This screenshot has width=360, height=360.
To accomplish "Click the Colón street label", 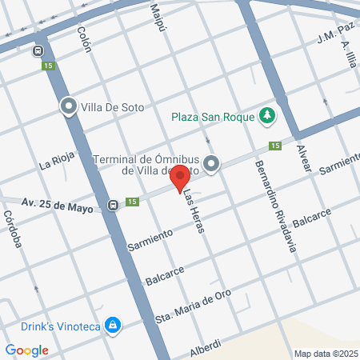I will (x=84, y=38).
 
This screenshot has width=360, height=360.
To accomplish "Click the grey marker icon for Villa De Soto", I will (x=69, y=106).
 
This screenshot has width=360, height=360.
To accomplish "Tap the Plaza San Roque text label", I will (x=212, y=117).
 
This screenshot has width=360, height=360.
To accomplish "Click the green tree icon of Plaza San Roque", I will (x=267, y=117).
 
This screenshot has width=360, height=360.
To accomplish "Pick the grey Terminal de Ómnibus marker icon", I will (x=211, y=164).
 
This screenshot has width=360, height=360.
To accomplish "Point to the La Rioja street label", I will (x=55, y=166).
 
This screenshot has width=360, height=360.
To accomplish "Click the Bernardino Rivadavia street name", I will (x=275, y=206).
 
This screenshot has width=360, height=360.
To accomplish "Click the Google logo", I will (x=26, y=350).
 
